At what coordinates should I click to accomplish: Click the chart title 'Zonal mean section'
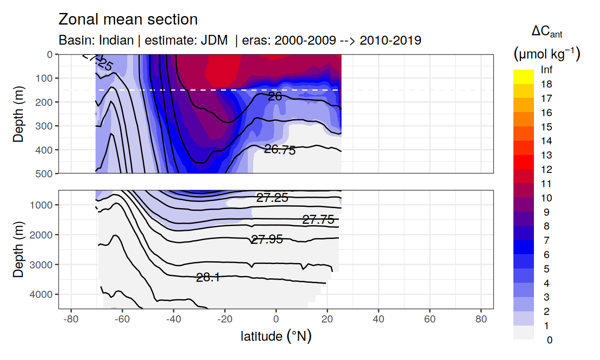tap(128, 20)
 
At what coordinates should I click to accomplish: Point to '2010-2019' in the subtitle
tap(390, 40)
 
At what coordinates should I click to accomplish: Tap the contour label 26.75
tap(280, 150)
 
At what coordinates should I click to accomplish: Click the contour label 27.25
tap(272, 198)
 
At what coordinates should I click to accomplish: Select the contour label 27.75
tap(318, 219)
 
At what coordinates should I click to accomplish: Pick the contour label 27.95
tap(267, 240)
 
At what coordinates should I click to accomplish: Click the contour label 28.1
tap(208, 277)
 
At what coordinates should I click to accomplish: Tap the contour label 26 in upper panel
tap(275, 96)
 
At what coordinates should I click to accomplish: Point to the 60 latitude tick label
tap(429, 321)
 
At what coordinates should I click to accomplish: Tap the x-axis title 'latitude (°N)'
tap(276, 336)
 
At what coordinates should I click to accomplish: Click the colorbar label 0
tap(549, 340)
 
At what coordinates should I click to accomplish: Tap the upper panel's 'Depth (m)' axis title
tap(18, 114)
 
